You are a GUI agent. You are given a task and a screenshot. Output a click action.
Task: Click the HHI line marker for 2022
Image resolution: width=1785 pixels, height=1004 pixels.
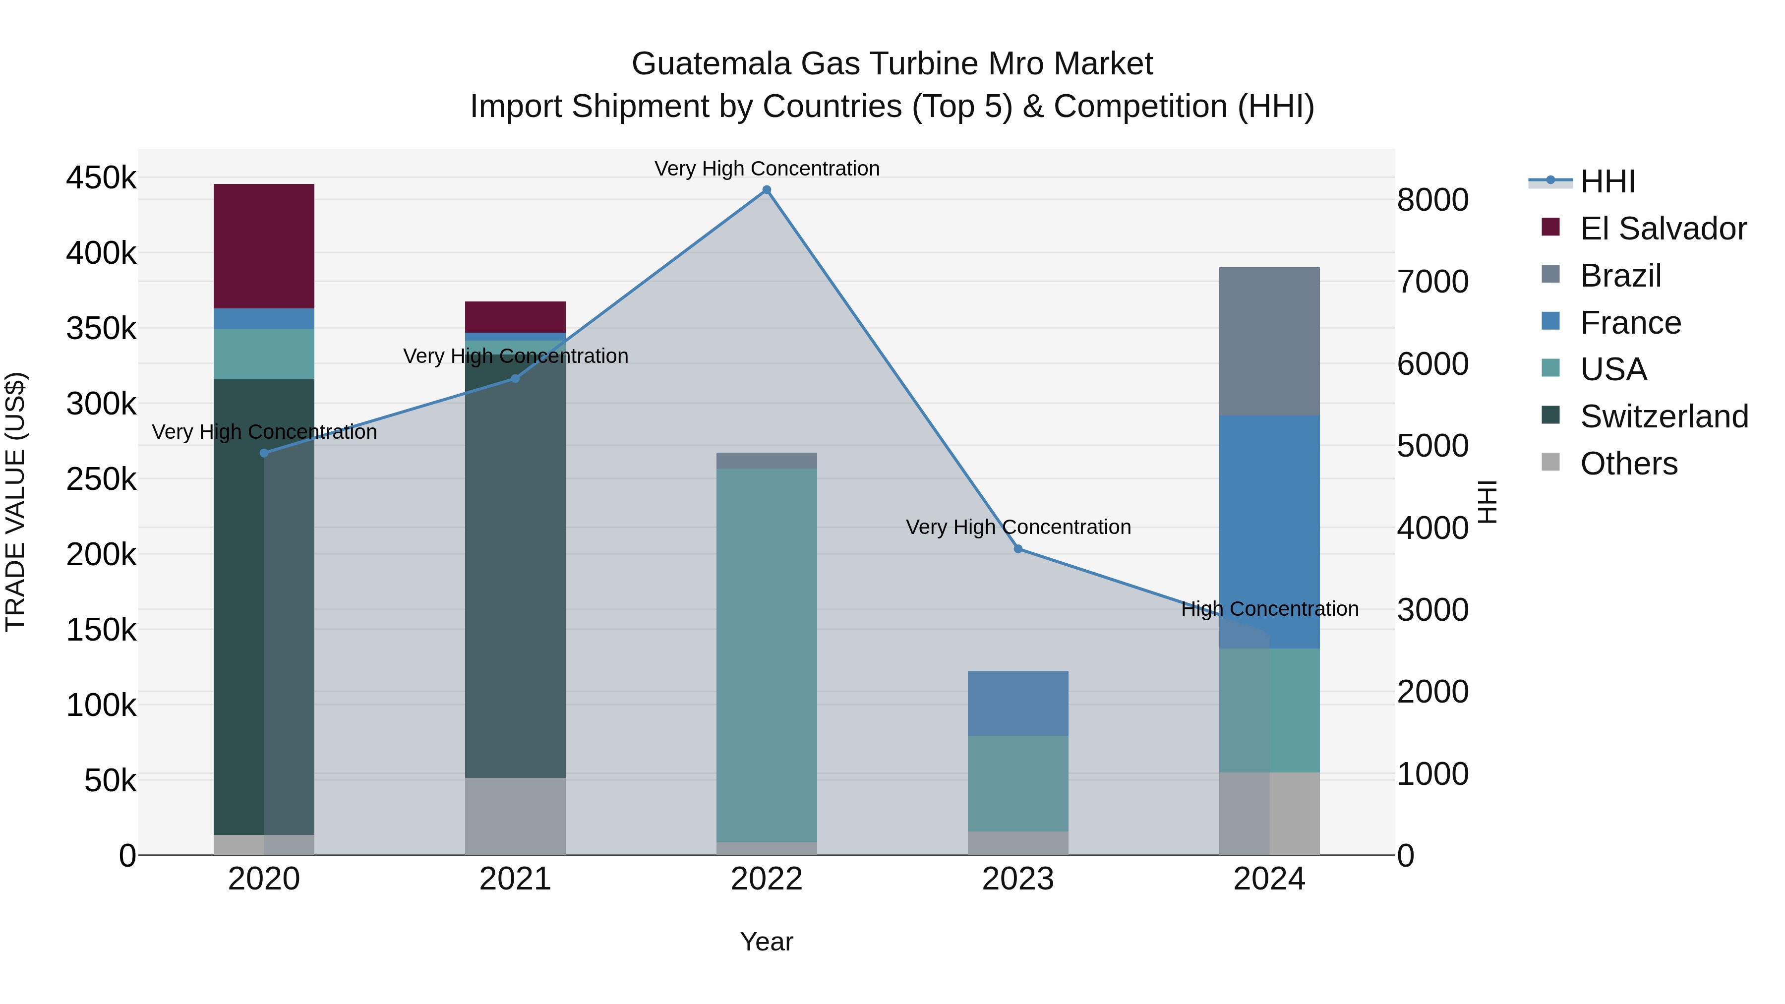point(767,190)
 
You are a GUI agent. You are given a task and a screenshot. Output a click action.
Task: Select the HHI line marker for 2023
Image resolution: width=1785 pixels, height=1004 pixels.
point(1018,549)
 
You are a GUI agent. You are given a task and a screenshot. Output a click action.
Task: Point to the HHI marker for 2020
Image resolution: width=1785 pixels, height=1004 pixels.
point(264,453)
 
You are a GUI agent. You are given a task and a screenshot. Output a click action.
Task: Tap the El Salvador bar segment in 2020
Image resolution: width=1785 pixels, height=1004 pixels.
point(264,246)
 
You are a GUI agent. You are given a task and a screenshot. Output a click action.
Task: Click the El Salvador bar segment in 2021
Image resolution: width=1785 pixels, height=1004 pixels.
point(515,317)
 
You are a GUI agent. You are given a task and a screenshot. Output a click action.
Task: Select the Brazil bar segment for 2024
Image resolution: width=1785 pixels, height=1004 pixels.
point(1269,341)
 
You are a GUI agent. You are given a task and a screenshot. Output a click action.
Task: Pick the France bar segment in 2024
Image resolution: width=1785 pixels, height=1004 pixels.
point(1269,532)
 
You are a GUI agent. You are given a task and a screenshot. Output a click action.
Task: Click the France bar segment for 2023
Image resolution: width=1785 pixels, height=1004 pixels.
point(1018,703)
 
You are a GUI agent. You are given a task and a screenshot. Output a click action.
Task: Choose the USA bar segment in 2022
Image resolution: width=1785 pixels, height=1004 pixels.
point(767,655)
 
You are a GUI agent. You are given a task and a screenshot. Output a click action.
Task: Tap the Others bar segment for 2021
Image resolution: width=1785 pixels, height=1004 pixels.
point(515,816)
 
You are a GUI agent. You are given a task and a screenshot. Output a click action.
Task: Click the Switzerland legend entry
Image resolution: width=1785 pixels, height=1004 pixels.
point(1664,416)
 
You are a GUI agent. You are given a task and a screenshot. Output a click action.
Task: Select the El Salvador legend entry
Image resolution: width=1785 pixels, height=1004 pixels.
point(1663,228)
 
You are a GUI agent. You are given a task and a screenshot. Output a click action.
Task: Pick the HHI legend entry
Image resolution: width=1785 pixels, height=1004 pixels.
point(1607,181)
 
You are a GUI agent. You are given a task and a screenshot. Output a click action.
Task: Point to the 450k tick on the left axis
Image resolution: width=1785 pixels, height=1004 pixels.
point(101,178)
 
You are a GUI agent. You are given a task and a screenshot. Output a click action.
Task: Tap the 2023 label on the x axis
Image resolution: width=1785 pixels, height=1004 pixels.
point(1018,879)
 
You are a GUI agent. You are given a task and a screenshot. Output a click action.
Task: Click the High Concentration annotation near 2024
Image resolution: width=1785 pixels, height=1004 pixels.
point(1269,609)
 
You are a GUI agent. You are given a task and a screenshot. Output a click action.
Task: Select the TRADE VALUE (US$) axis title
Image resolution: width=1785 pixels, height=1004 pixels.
point(15,502)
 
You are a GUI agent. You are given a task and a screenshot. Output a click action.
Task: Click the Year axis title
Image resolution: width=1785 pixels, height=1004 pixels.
point(767,942)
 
